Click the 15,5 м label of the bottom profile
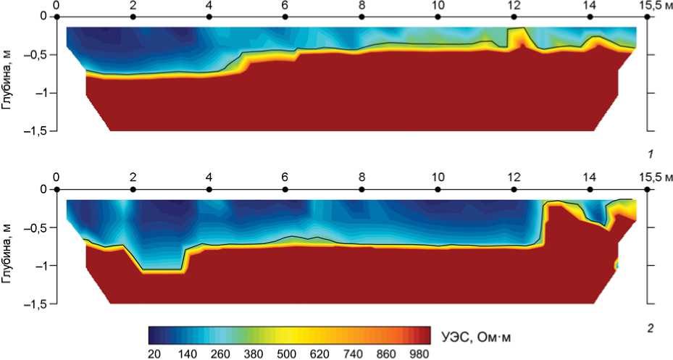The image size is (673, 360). [656, 178]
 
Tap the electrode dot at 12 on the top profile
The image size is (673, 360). [514, 15]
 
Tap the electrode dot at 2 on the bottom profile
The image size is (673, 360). [133, 188]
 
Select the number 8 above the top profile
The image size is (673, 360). [361, 5]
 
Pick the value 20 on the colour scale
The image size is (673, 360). [154, 353]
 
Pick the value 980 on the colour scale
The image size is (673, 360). [419, 353]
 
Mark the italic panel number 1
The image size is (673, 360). [651, 154]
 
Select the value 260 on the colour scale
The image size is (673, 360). [220, 353]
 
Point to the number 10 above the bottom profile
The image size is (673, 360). [437, 178]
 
